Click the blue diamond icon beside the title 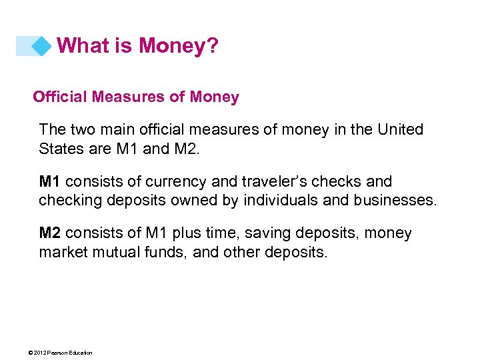tap(41, 46)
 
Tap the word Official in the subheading tap(60, 97)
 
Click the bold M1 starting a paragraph tap(50, 181)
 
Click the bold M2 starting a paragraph tap(50, 233)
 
